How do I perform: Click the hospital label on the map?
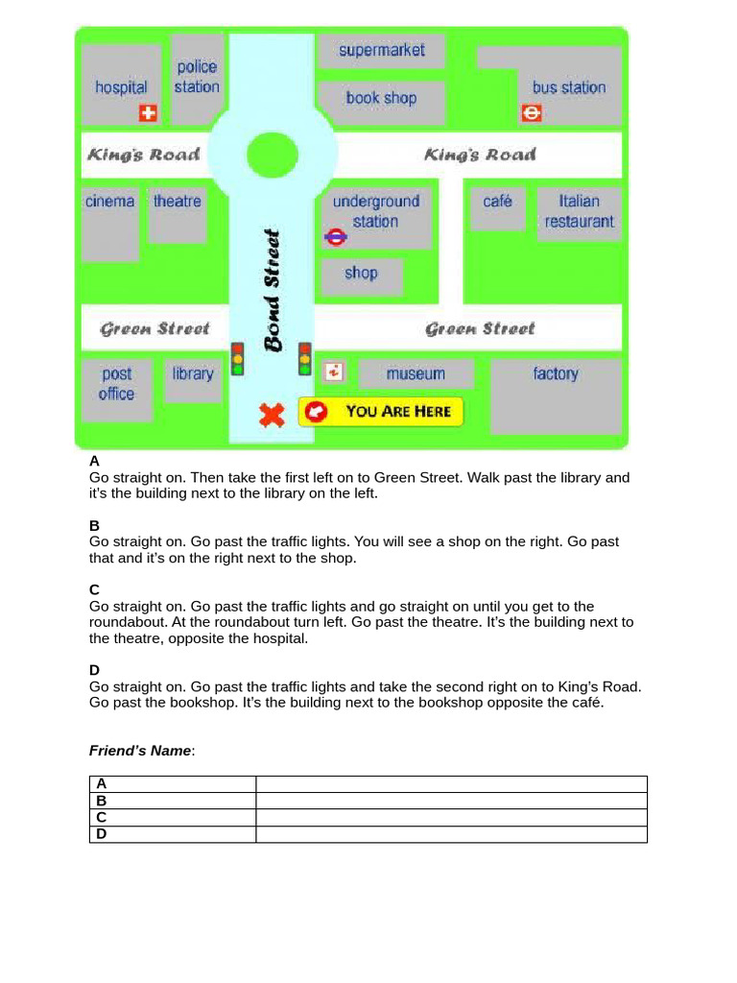tap(121, 87)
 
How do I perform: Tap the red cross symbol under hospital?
tap(148, 113)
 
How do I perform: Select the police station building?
tap(197, 77)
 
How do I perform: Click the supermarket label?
tap(381, 50)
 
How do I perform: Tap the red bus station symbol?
tap(532, 113)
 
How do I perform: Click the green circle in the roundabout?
tap(273, 154)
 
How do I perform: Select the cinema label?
tap(109, 202)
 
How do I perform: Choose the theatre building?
tap(178, 214)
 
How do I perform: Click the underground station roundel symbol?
tap(335, 237)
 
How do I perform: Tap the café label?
tap(497, 202)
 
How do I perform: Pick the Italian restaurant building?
tap(579, 211)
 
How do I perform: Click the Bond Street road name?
tap(273, 289)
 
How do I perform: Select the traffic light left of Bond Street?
tap(237, 358)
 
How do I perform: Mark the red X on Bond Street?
tap(273, 415)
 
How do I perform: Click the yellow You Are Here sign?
tap(381, 412)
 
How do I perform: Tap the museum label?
tap(416, 374)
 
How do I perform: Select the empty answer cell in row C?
tap(451, 817)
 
